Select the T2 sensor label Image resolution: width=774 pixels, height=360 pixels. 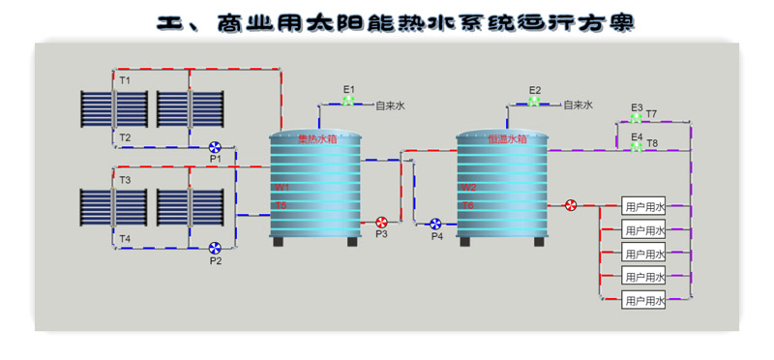pos(125,137)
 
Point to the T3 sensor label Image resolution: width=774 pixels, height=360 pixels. pos(125,180)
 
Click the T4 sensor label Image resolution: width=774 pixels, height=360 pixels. pos(125,238)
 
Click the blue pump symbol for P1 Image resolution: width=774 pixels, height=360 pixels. pos(215,147)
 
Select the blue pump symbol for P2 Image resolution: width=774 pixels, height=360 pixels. pos(215,248)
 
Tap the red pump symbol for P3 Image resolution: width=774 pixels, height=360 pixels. pos(381,223)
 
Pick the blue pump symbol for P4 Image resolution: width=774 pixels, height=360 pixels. pos(436,224)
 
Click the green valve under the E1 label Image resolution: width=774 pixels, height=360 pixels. pos(348,102)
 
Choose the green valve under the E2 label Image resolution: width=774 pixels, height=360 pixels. pos(534,102)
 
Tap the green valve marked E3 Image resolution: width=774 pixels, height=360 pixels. pos(636,118)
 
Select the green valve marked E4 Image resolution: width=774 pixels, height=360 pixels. pos(636,147)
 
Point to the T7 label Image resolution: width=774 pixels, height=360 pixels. pos(652,114)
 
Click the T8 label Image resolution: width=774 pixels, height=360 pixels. pos(652,143)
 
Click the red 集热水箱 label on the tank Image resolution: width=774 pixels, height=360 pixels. pos(314,139)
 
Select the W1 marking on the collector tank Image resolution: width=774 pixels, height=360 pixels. pos(282,187)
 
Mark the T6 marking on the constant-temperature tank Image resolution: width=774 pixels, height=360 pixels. pos(467,205)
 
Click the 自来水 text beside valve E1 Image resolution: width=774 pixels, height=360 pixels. pos(389,105)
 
